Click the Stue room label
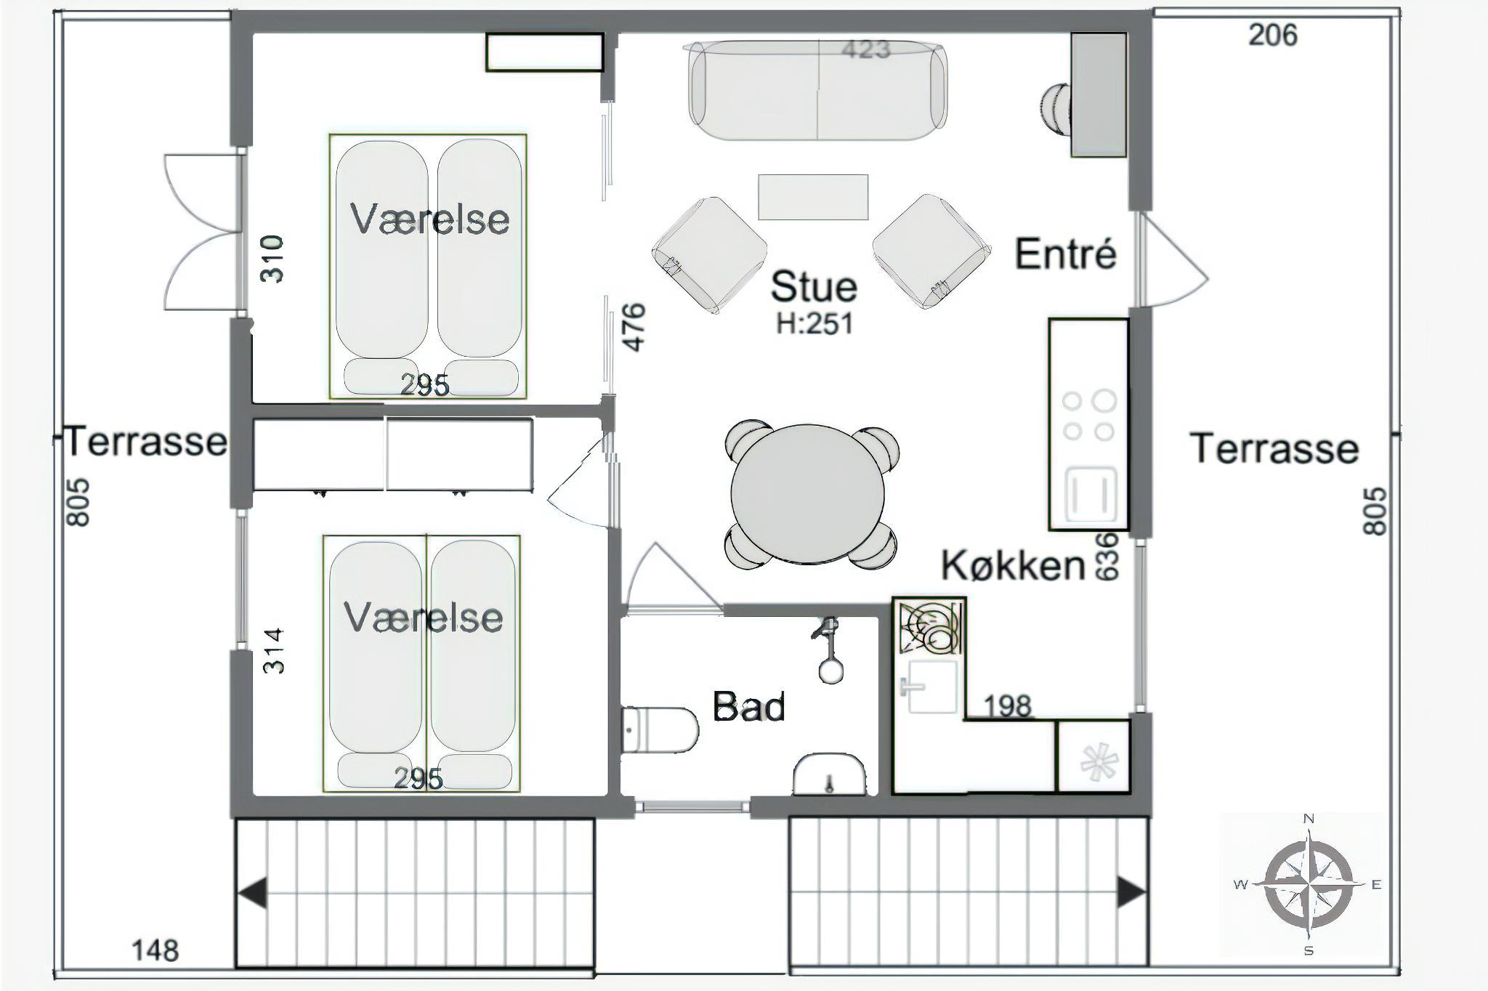pyautogui.click(x=814, y=286)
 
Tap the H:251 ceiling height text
pyautogui.click(x=814, y=323)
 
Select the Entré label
pyautogui.click(x=1065, y=254)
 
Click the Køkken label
pyautogui.click(x=1014, y=565)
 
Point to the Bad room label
pyautogui.click(x=749, y=706)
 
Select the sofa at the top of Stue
pyautogui.click(x=818, y=90)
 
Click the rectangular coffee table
pyautogui.click(x=813, y=197)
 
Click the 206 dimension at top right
pyautogui.click(x=1273, y=35)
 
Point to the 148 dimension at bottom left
pyautogui.click(x=155, y=950)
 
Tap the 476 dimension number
pyautogui.click(x=634, y=327)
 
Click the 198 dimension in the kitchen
pyautogui.click(x=1008, y=705)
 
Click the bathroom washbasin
pyautogui.click(x=829, y=774)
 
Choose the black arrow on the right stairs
pyautogui.click(x=1132, y=892)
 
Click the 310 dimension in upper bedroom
pyautogui.click(x=272, y=259)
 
